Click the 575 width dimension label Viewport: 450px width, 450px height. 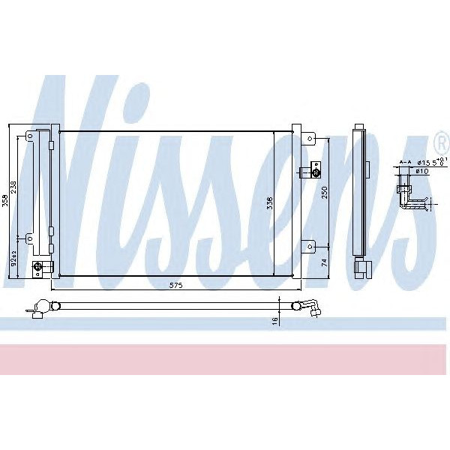coord(175,286)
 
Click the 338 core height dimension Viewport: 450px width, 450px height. coord(269,202)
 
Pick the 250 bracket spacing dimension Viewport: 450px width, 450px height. coord(325,192)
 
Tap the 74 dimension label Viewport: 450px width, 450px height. coord(325,262)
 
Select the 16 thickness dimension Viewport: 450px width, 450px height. coord(275,320)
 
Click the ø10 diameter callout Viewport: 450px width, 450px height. coord(422,171)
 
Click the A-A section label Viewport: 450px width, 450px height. coord(405,161)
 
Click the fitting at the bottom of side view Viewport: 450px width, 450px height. coord(364,265)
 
